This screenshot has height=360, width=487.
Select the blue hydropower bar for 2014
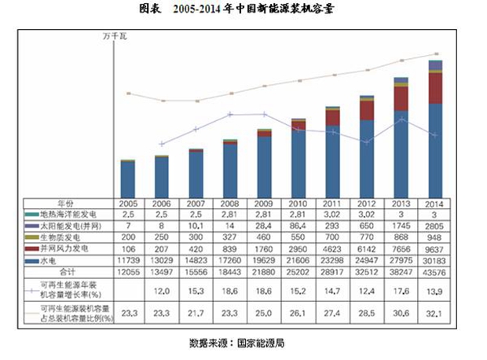pos(435,149)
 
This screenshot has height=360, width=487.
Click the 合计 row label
pos(69,271)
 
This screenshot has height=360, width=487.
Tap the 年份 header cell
pos(69,202)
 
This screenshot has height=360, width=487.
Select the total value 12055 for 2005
pos(128,271)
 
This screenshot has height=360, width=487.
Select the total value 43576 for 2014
pos(435,271)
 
